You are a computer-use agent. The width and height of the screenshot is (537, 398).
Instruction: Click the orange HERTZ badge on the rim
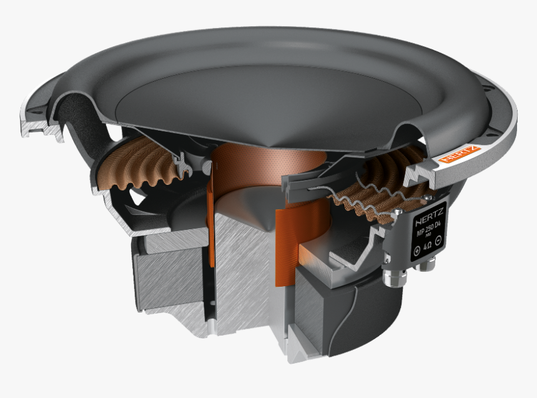click(x=460, y=154)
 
